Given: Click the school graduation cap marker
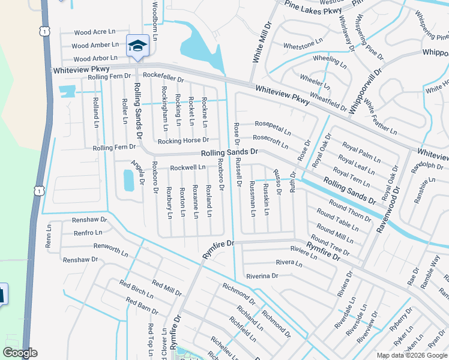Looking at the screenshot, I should click(137, 46).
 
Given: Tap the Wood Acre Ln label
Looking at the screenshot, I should click(91, 32).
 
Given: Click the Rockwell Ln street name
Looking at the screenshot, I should click(188, 167).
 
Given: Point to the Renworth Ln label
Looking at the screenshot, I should click(111, 247).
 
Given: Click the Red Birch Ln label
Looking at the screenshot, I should click(136, 289).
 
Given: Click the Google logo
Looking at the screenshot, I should click(20, 353).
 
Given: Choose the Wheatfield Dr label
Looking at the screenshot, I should click(328, 101).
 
